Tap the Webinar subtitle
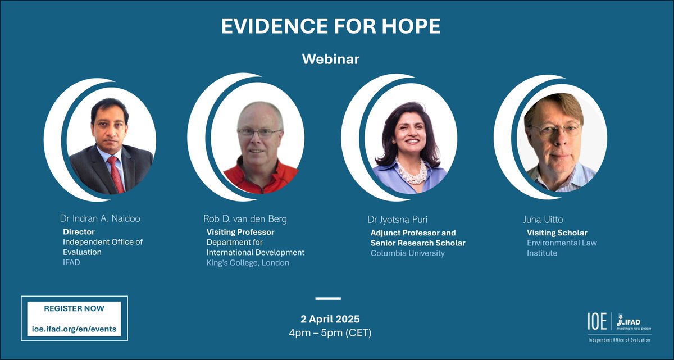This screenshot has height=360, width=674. click(330, 58)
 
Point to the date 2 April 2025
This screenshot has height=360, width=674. click(330, 319)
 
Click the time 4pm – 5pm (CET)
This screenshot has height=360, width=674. click(330, 332)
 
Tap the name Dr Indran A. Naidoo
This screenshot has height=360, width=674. click(100, 218)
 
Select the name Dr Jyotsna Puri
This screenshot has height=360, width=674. click(400, 218)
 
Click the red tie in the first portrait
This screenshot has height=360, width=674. click(116, 174)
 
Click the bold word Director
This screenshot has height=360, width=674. click(79, 231)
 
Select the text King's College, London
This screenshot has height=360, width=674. click(248, 263)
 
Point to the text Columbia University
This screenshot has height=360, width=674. click(407, 253)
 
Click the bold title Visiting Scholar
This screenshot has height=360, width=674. click(557, 233)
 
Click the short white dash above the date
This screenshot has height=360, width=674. click(328, 298)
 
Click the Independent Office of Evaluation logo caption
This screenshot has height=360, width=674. click(620, 341)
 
